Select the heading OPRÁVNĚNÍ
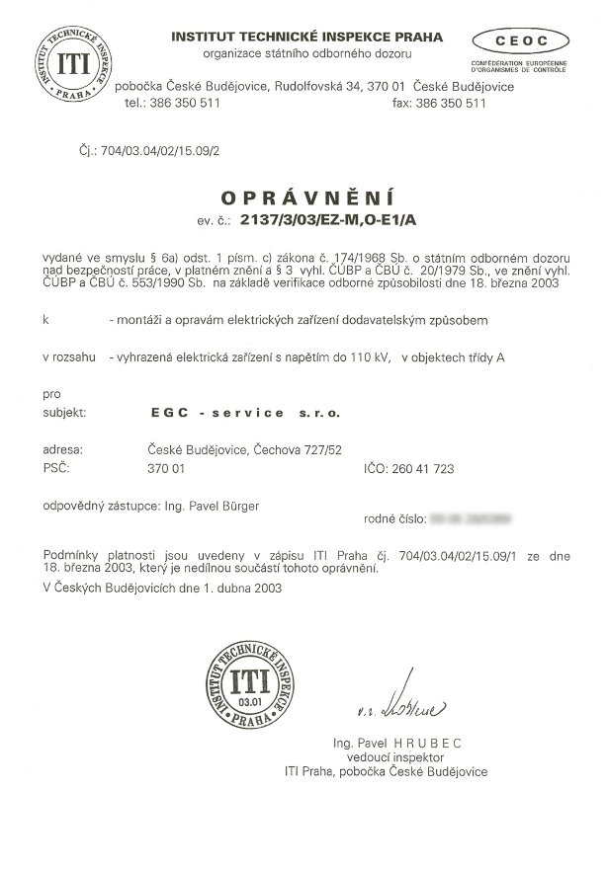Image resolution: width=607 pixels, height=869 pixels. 303,195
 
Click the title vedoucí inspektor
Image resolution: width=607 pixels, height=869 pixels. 396,756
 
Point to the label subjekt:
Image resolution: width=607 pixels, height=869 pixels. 66,413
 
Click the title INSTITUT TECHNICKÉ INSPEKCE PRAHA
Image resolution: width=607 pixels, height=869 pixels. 307,38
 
